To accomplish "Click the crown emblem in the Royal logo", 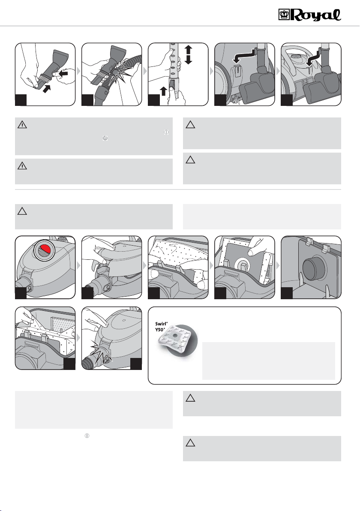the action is pyautogui.click(x=284, y=15).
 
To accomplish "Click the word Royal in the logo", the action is pyautogui.click(x=316, y=15).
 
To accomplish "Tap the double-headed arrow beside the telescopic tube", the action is pyautogui.click(x=188, y=54).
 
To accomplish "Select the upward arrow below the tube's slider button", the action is pyautogui.click(x=163, y=91).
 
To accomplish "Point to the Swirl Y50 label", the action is pyautogui.click(x=161, y=327).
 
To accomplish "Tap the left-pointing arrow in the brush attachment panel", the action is pyautogui.click(x=63, y=74).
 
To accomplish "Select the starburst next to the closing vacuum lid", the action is pyautogui.click(x=101, y=352).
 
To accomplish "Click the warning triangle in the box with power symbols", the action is pyautogui.click(x=22, y=124).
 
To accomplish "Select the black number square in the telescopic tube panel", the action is pyautogui.click(x=154, y=100).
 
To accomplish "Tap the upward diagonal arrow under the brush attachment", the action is pyautogui.click(x=47, y=87).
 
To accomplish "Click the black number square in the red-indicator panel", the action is pyautogui.click(x=21, y=293).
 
